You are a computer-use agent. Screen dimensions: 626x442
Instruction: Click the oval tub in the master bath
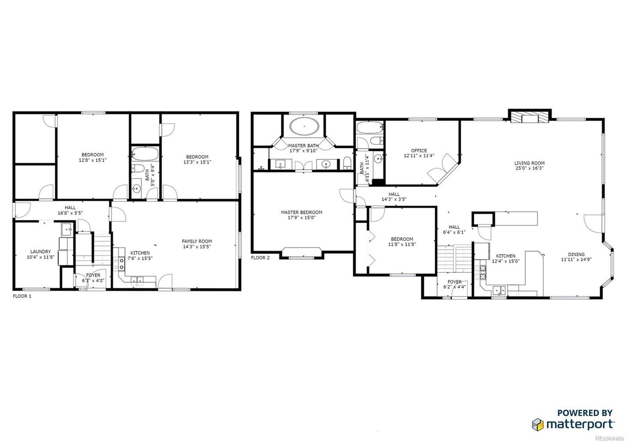(x=304, y=126)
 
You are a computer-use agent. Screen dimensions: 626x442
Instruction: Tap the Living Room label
(x=529, y=163)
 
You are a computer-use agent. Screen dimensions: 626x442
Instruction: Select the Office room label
(x=419, y=151)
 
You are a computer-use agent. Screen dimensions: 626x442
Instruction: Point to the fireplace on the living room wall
(x=530, y=118)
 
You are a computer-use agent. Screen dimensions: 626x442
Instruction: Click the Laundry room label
(x=41, y=252)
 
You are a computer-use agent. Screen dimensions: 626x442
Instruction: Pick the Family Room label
(x=197, y=241)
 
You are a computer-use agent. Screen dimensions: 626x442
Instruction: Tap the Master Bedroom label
(x=302, y=212)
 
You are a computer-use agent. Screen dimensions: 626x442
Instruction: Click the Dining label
(x=576, y=254)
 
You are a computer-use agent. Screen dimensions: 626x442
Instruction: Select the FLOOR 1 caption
(x=22, y=296)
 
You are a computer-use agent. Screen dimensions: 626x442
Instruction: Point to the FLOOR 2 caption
(x=260, y=258)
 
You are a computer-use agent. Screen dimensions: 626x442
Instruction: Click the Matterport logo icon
(x=537, y=424)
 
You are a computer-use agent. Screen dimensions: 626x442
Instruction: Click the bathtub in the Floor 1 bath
(x=145, y=154)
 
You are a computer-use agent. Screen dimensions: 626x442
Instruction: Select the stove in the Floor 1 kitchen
(x=121, y=264)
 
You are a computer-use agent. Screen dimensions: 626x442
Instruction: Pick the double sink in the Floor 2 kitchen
(x=499, y=290)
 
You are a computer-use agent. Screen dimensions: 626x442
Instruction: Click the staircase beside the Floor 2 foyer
(x=455, y=259)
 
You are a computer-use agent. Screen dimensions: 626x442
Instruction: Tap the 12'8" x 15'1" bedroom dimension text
(x=93, y=160)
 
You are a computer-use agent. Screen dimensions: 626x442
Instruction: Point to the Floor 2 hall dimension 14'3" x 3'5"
(x=394, y=199)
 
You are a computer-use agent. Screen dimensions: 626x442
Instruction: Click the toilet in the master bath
(x=347, y=163)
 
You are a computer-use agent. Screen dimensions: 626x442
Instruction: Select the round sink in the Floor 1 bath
(x=136, y=189)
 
